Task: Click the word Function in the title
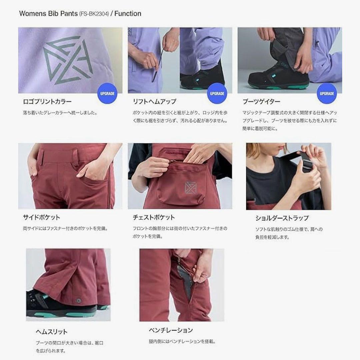128,14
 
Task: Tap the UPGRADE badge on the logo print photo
107,93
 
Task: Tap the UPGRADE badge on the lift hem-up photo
217,93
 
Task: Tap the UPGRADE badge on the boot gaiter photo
327,93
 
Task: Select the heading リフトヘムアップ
154,102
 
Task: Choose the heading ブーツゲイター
261,102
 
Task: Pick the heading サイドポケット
41,217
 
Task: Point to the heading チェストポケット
154,217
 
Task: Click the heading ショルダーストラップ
282,218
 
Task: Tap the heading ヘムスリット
52,332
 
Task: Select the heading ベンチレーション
171,330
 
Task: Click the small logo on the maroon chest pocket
189,188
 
